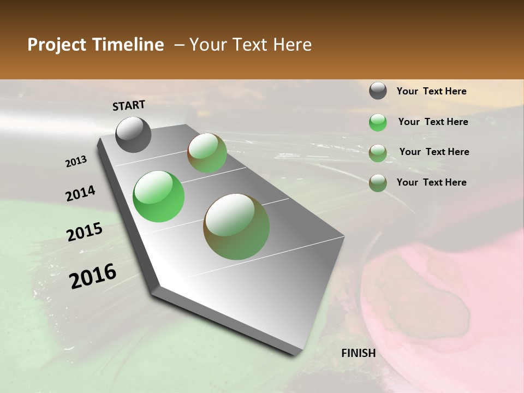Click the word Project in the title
pyautogui.click(x=56, y=45)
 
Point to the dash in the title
pyautogui.click(x=179, y=45)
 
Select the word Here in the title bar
pyautogui.click(x=292, y=45)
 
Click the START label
pyautogui.click(x=129, y=105)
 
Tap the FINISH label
pyautogui.click(x=358, y=353)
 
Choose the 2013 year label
pyautogui.click(x=76, y=162)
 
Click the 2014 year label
pyautogui.click(x=80, y=194)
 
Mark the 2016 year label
pyautogui.click(x=93, y=276)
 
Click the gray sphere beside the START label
pyautogui.click(x=134, y=135)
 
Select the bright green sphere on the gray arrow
pyautogui.click(x=158, y=196)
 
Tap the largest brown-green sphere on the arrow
pyautogui.click(x=236, y=227)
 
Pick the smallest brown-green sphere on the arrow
pyautogui.click(x=207, y=153)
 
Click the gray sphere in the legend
pyautogui.click(x=378, y=91)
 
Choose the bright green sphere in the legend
pyautogui.click(x=378, y=122)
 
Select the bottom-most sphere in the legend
pyautogui.click(x=378, y=183)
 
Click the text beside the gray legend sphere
pyautogui.click(x=431, y=92)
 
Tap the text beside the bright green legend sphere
pyautogui.click(x=433, y=122)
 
